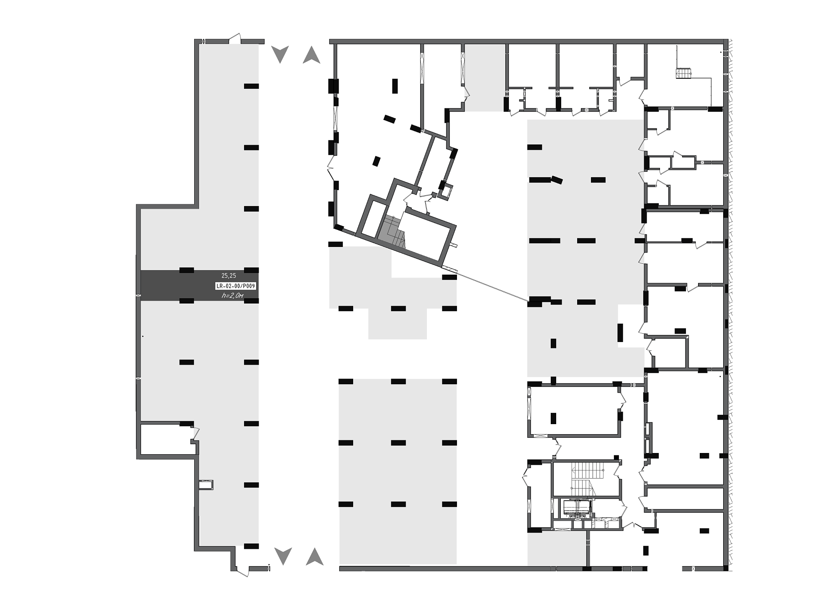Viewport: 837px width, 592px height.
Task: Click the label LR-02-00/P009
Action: pyautogui.click(x=235, y=286)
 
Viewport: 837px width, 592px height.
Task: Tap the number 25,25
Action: pyautogui.click(x=229, y=275)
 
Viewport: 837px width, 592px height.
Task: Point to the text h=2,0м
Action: pyautogui.click(x=232, y=296)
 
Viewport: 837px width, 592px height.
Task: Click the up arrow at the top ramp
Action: pyautogui.click(x=311, y=54)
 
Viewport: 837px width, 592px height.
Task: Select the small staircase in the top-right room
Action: pyautogui.click(x=683, y=73)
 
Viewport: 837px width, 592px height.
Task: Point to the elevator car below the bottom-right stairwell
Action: pyautogui.click(x=577, y=508)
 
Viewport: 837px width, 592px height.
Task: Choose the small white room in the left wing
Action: pyautogui.click(x=167, y=440)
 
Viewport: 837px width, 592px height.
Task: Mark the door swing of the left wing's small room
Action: pyautogui.click(x=195, y=433)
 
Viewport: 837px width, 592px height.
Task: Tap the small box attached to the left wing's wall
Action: pyautogui.click(x=206, y=485)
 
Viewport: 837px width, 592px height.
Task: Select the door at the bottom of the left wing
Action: pyautogui.click(x=242, y=570)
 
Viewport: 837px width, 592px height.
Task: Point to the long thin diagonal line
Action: pyautogui.click(x=492, y=286)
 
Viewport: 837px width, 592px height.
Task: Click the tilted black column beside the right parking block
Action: pyautogui.click(x=557, y=180)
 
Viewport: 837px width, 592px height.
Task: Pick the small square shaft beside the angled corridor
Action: pyautogui.click(x=447, y=191)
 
